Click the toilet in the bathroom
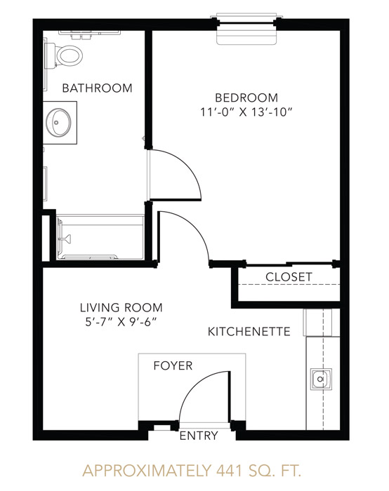click(x=65, y=56)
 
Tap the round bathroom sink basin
click(x=58, y=122)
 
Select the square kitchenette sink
click(x=321, y=379)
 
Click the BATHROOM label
click(x=97, y=88)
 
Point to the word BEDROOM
click(x=246, y=97)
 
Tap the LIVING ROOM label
click(x=121, y=307)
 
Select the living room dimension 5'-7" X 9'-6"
click(x=121, y=322)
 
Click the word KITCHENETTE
click(x=249, y=332)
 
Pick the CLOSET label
click(x=289, y=277)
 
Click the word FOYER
click(x=173, y=365)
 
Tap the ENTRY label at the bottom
click(x=199, y=436)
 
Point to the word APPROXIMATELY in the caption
click(x=147, y=471)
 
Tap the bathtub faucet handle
click(x=67, y=238)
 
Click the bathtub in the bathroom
click(x=100, y=237)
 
